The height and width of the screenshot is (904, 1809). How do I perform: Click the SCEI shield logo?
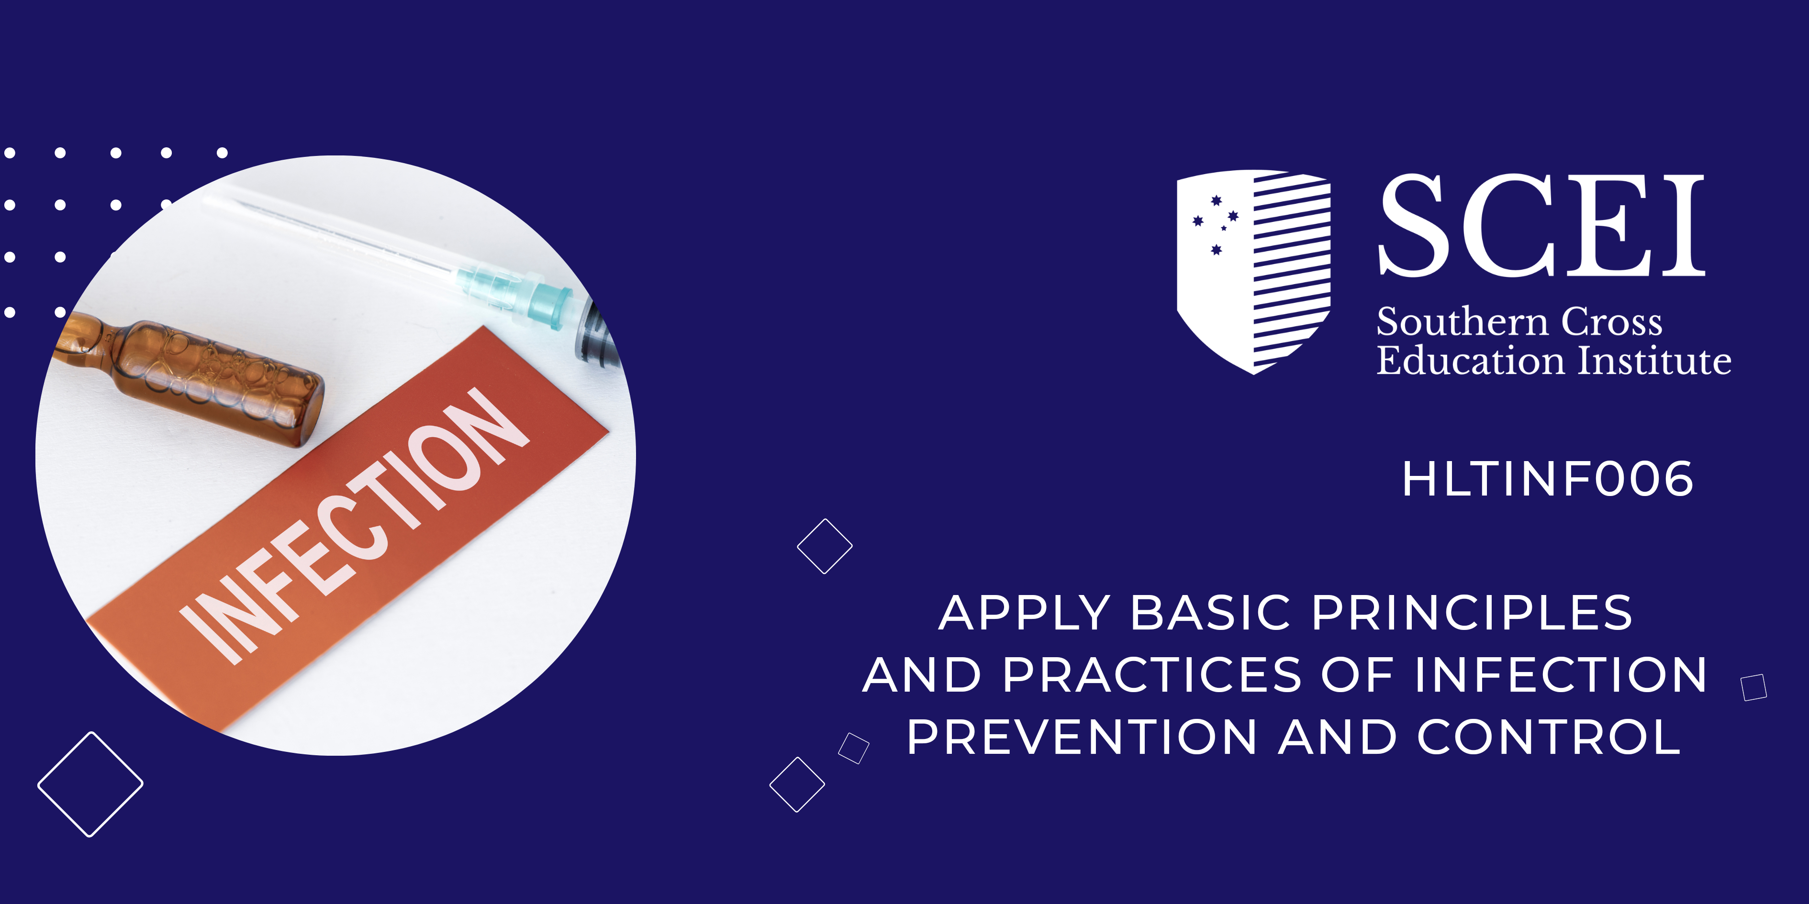pyautogui.click(x=1253, y=272)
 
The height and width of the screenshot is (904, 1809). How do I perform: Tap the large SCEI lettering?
pyautogui.click(x=1542, y=225)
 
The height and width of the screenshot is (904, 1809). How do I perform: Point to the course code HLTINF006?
pyautogui.click(x=1548, y=479)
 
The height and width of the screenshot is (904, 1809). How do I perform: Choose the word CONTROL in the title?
pyautogui.click(x=1549, y=737)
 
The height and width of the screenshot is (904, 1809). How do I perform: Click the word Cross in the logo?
pyautogui.click(x=1612, y=323)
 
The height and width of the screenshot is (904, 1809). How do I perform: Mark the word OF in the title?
pyautogui.click(x=1357, y=675)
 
